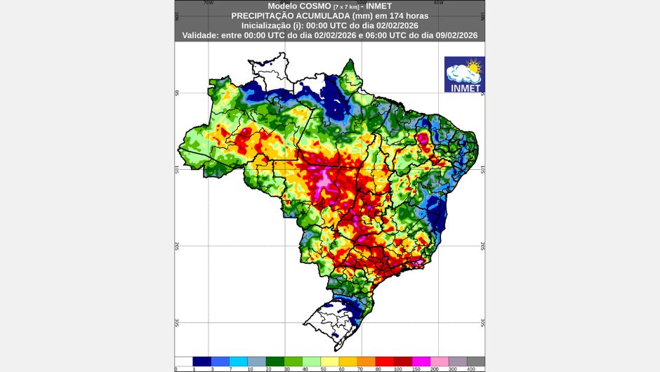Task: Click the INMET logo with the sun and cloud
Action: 463,76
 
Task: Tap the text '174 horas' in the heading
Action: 409,15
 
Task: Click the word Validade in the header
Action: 204,34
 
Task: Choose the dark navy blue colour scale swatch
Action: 202,361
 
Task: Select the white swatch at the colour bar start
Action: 183,361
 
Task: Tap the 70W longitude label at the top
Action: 208,2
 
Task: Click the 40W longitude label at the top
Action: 438,2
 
